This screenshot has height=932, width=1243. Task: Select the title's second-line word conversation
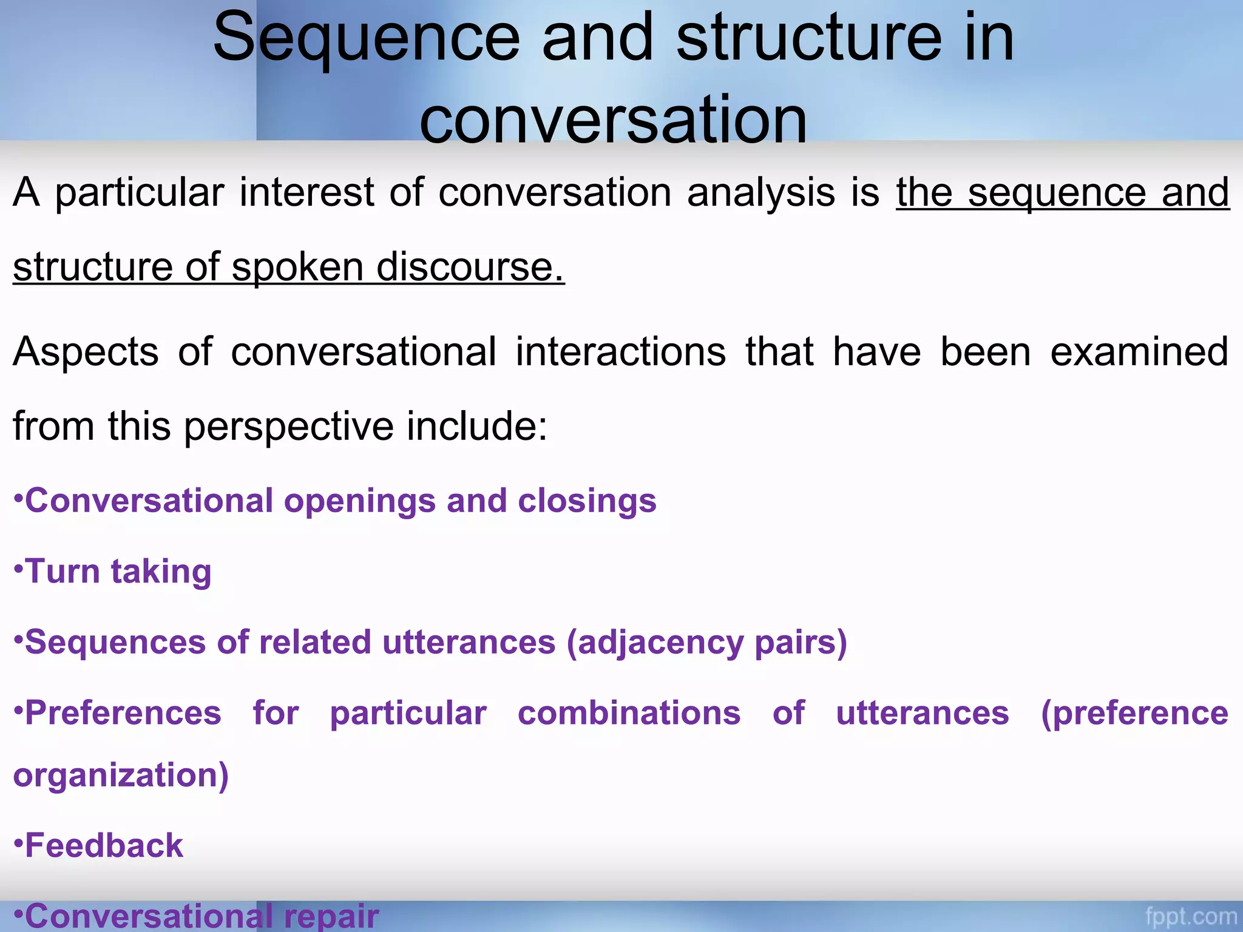[x=613, y=120]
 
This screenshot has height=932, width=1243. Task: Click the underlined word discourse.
[x=470, y=267]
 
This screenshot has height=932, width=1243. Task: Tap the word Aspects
[x=86, y=352]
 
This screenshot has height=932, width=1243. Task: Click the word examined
[x=1139, y=352]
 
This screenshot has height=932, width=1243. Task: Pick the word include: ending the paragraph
[x=477, y=426]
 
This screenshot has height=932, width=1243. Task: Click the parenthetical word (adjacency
[x=654, y=643]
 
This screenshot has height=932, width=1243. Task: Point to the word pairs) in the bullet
[x=801, y=643]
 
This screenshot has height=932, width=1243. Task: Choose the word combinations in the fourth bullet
[x=629, y=713]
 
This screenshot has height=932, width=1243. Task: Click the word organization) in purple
[x=121, y=775]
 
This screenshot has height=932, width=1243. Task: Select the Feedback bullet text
[x=104, y=846]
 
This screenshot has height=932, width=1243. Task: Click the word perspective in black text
[x=289, y=427]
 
